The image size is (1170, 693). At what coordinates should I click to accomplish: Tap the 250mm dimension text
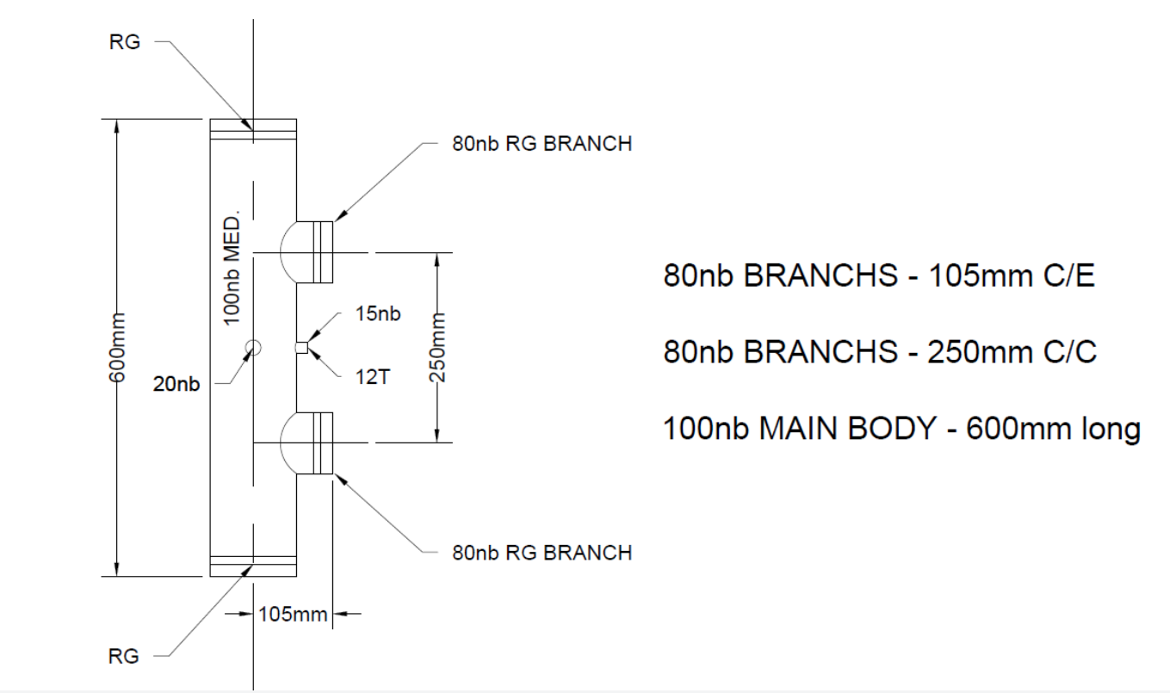pyautogui.click(x=438, y=347)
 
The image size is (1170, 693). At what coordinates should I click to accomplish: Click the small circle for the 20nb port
pyautogui.click(x=252, y=347)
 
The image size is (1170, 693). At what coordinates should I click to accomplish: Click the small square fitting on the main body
pyautogui.click(x=300, y=348)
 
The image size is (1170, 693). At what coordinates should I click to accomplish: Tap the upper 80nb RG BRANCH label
pyautogui.click(x=542, y=144)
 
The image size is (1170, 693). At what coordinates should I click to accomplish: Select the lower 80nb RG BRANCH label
pyautogui.click(x=542, y=552)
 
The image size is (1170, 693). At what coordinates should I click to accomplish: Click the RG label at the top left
pyautogui.click(x=125, y=42)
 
